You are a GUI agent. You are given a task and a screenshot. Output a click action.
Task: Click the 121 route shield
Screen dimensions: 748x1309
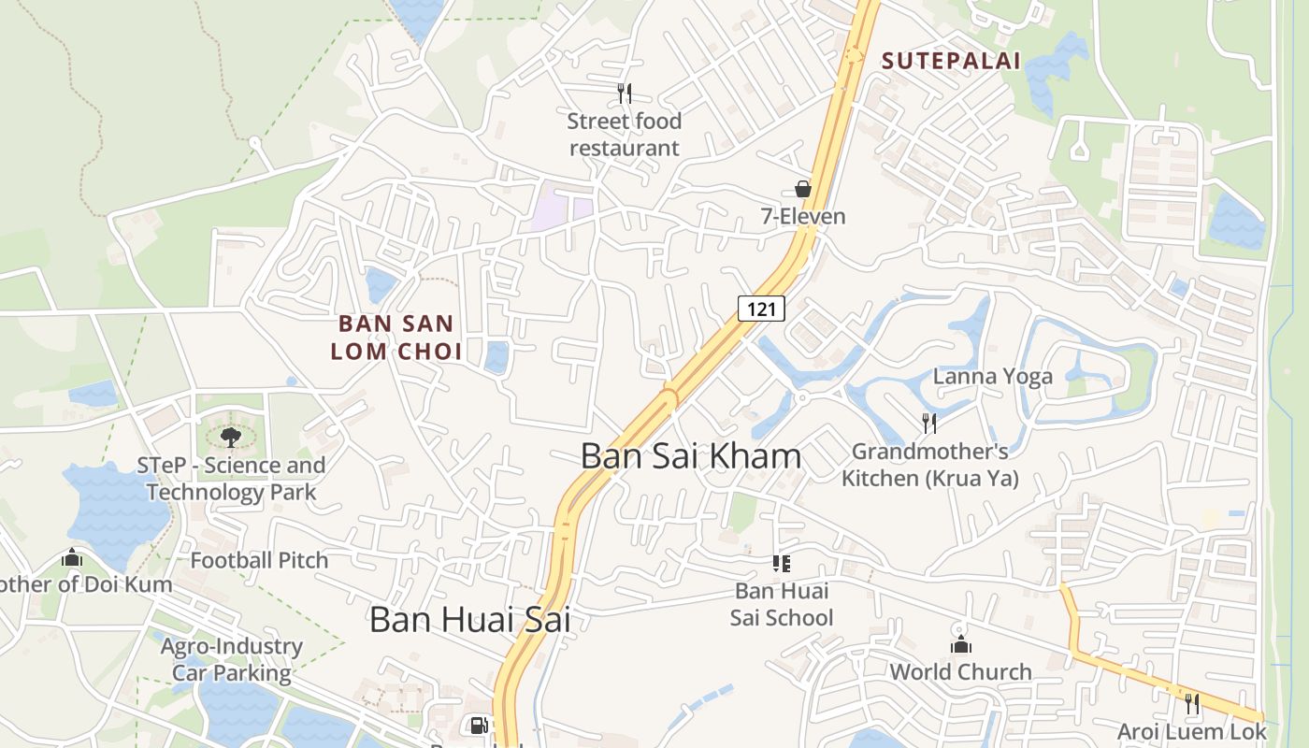click(761, 309)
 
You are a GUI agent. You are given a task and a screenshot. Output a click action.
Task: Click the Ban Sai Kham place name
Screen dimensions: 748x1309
click(691, 456)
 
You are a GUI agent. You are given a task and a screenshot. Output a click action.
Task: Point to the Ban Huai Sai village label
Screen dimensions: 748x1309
click(469, 620)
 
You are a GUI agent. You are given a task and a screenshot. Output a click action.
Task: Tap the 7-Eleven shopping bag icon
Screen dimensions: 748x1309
click(802, 189)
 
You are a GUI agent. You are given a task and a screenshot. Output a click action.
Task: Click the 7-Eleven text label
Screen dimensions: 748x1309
click(802, 217)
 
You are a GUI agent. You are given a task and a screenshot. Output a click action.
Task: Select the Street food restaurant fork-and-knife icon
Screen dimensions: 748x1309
click(625, 93)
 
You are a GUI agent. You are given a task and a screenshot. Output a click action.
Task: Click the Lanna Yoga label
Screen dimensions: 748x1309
click(993, 377)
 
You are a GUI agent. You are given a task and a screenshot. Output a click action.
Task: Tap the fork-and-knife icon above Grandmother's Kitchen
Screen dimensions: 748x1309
click(929, 424)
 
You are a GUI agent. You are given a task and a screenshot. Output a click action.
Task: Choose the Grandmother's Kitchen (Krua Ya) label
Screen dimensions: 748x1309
click(930, 465)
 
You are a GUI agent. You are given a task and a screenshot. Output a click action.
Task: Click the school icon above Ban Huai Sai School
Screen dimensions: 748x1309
click(782, 563)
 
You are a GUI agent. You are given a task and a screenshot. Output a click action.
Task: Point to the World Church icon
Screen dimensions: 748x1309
click(961, 644)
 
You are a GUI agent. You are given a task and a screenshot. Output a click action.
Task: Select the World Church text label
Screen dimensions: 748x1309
click(960, 672)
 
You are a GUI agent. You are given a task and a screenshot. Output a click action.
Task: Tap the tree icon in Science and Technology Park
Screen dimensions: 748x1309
click(230, 436)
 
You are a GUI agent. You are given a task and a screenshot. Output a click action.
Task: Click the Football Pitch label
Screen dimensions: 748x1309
click(259, 561)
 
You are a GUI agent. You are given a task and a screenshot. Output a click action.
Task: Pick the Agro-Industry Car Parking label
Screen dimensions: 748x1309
click(232, 659)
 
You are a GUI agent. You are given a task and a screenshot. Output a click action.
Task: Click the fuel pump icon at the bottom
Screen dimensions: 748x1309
click(478, 726)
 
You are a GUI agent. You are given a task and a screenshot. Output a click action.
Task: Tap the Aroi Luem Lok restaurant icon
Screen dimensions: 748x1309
click(1192, 704)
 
